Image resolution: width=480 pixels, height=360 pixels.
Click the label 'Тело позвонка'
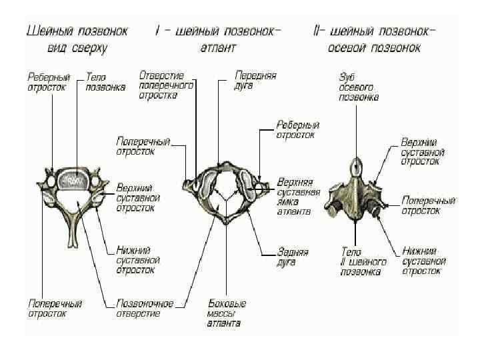coord(106,82)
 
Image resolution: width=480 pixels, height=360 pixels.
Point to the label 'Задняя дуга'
coord(293,257)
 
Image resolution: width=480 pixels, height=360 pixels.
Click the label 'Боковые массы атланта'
coord(225,313)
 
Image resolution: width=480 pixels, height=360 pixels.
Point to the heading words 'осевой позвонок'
coord(377,48)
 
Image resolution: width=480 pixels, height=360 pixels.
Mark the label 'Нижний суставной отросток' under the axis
coord(423,261)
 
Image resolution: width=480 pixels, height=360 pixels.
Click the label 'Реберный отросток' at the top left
coord(47,82)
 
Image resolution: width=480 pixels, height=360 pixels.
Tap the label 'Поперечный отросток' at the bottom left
coord(55,308)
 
